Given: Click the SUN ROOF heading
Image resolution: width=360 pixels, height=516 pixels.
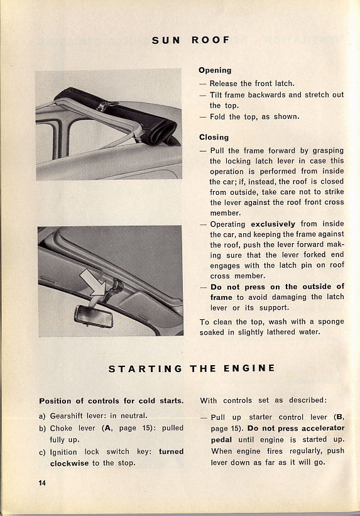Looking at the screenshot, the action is [190, 40].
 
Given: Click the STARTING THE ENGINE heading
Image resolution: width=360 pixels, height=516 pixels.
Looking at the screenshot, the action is [192, 368].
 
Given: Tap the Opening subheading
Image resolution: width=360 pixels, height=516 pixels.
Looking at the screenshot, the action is [215, 70].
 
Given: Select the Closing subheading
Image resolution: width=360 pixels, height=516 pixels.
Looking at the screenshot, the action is [214, 137].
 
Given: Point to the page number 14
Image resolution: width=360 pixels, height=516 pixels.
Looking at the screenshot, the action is [42, 483].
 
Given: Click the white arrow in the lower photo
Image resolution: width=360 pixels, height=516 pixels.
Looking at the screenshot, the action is [93, 282].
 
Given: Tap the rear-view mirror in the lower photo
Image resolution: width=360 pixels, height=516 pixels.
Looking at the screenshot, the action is [94, 316].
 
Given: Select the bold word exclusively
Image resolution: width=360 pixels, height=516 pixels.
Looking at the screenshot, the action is [273, 224].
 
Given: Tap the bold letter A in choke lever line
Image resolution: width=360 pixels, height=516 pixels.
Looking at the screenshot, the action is [107, 428].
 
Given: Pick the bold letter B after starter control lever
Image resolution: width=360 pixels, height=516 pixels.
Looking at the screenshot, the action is [338, 417].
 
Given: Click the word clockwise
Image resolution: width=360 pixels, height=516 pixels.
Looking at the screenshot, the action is [70, 463].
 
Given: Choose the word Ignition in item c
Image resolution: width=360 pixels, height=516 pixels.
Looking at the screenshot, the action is [63, 452].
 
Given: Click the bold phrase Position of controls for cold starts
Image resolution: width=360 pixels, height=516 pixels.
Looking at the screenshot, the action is [111, 401].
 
